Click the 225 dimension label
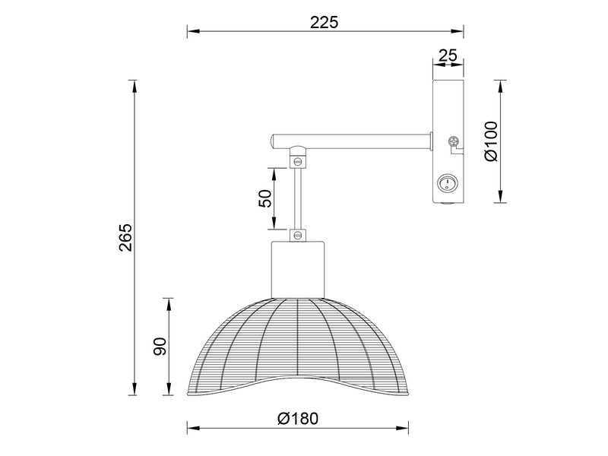coord(324,22)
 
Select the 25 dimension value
coord(448,55)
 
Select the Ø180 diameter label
coord(298,419)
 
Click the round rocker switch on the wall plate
coord(448,182)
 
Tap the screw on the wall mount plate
coord(454,141)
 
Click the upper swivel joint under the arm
coord(298,160)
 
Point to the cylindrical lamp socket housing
coord(298,268)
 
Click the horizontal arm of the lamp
coord(357,141)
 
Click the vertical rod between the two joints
coord(298,198)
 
